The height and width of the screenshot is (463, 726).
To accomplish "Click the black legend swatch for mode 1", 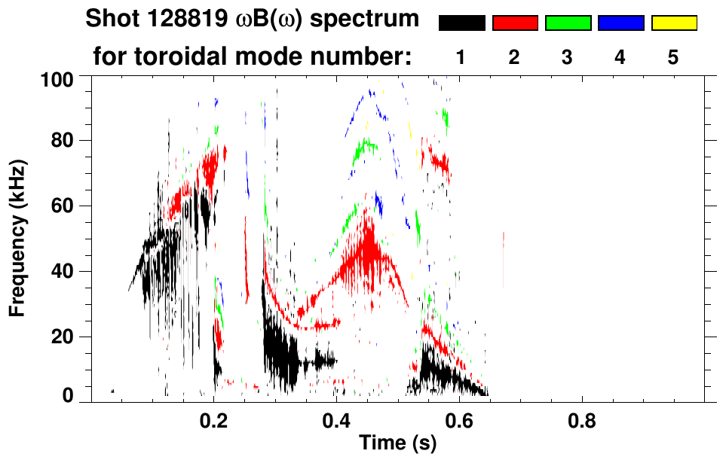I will [x=461, y=23].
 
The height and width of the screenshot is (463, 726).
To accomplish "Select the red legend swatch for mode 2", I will [x=515, y=23].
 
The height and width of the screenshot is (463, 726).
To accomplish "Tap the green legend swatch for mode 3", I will [x=568, y=23].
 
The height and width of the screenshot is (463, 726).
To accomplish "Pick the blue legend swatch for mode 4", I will [x=620, y=23].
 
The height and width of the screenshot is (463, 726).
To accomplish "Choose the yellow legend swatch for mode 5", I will [x=674, y=23].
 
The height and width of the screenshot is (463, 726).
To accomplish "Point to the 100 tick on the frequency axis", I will [x=60, y=78].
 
